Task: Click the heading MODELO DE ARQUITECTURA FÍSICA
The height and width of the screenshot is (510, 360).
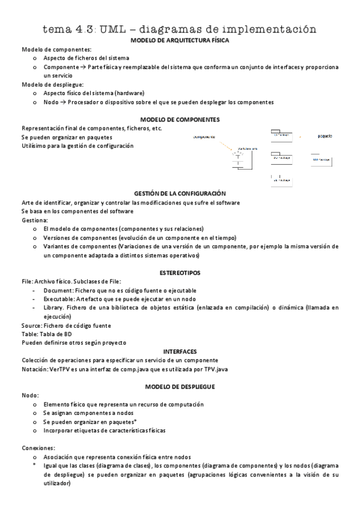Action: [180, 40]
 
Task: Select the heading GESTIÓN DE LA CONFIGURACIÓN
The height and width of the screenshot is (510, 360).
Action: [180, 194]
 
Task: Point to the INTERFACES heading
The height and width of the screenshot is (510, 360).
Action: [180, 351]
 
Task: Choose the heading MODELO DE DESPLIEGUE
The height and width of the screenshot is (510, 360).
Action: [180, 386]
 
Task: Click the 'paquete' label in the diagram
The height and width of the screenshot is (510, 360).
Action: [325, 136]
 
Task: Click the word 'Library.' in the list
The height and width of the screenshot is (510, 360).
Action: [54, 307]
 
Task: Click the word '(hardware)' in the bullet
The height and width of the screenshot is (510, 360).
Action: [130, 93]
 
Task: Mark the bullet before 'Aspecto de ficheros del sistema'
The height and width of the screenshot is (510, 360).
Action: [35, 58]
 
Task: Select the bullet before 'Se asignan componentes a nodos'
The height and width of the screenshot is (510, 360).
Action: [35, 414]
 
